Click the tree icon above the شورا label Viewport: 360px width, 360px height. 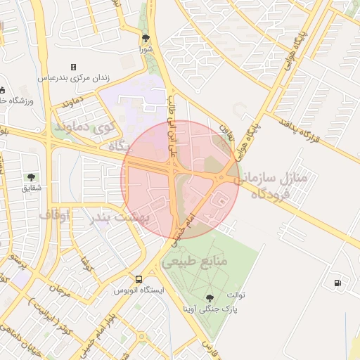click(x=146, y=38)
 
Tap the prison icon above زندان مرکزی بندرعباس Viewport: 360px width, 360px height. click(x=73, y=67)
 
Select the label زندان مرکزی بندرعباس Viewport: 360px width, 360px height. click(x=73, y=77)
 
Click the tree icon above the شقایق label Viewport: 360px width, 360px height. click(x=30, y=177)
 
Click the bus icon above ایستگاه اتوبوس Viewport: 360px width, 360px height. click(x=139, y=279)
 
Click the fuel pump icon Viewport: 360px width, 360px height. click(x=339, y=283)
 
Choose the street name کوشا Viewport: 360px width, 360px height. click(x=86, y=266)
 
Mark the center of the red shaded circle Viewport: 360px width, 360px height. click(x=180, y=180)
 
